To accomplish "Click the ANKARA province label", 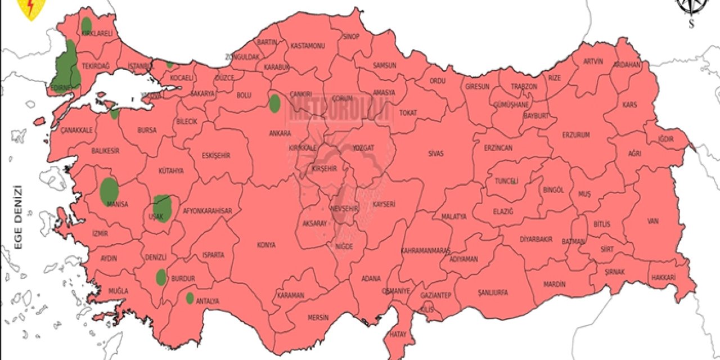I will point(280,133).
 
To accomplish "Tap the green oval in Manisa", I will point(109,191).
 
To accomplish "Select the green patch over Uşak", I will point(163,208).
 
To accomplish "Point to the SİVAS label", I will point(436,152).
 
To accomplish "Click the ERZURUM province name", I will point(576,135).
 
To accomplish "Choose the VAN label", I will point(652,221).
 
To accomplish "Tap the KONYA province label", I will point(266,245).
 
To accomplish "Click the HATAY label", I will point(397,334).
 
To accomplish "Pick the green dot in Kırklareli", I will point(87,25).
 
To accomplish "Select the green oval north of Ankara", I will point(274,103).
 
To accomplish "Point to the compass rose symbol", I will point(691,7).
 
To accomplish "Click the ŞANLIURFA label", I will point(492,292).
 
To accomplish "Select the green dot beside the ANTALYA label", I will point(190,298).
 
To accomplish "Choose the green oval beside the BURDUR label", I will point(161,277).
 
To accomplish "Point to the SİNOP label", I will point(350,37).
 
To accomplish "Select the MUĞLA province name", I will point(119,291).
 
